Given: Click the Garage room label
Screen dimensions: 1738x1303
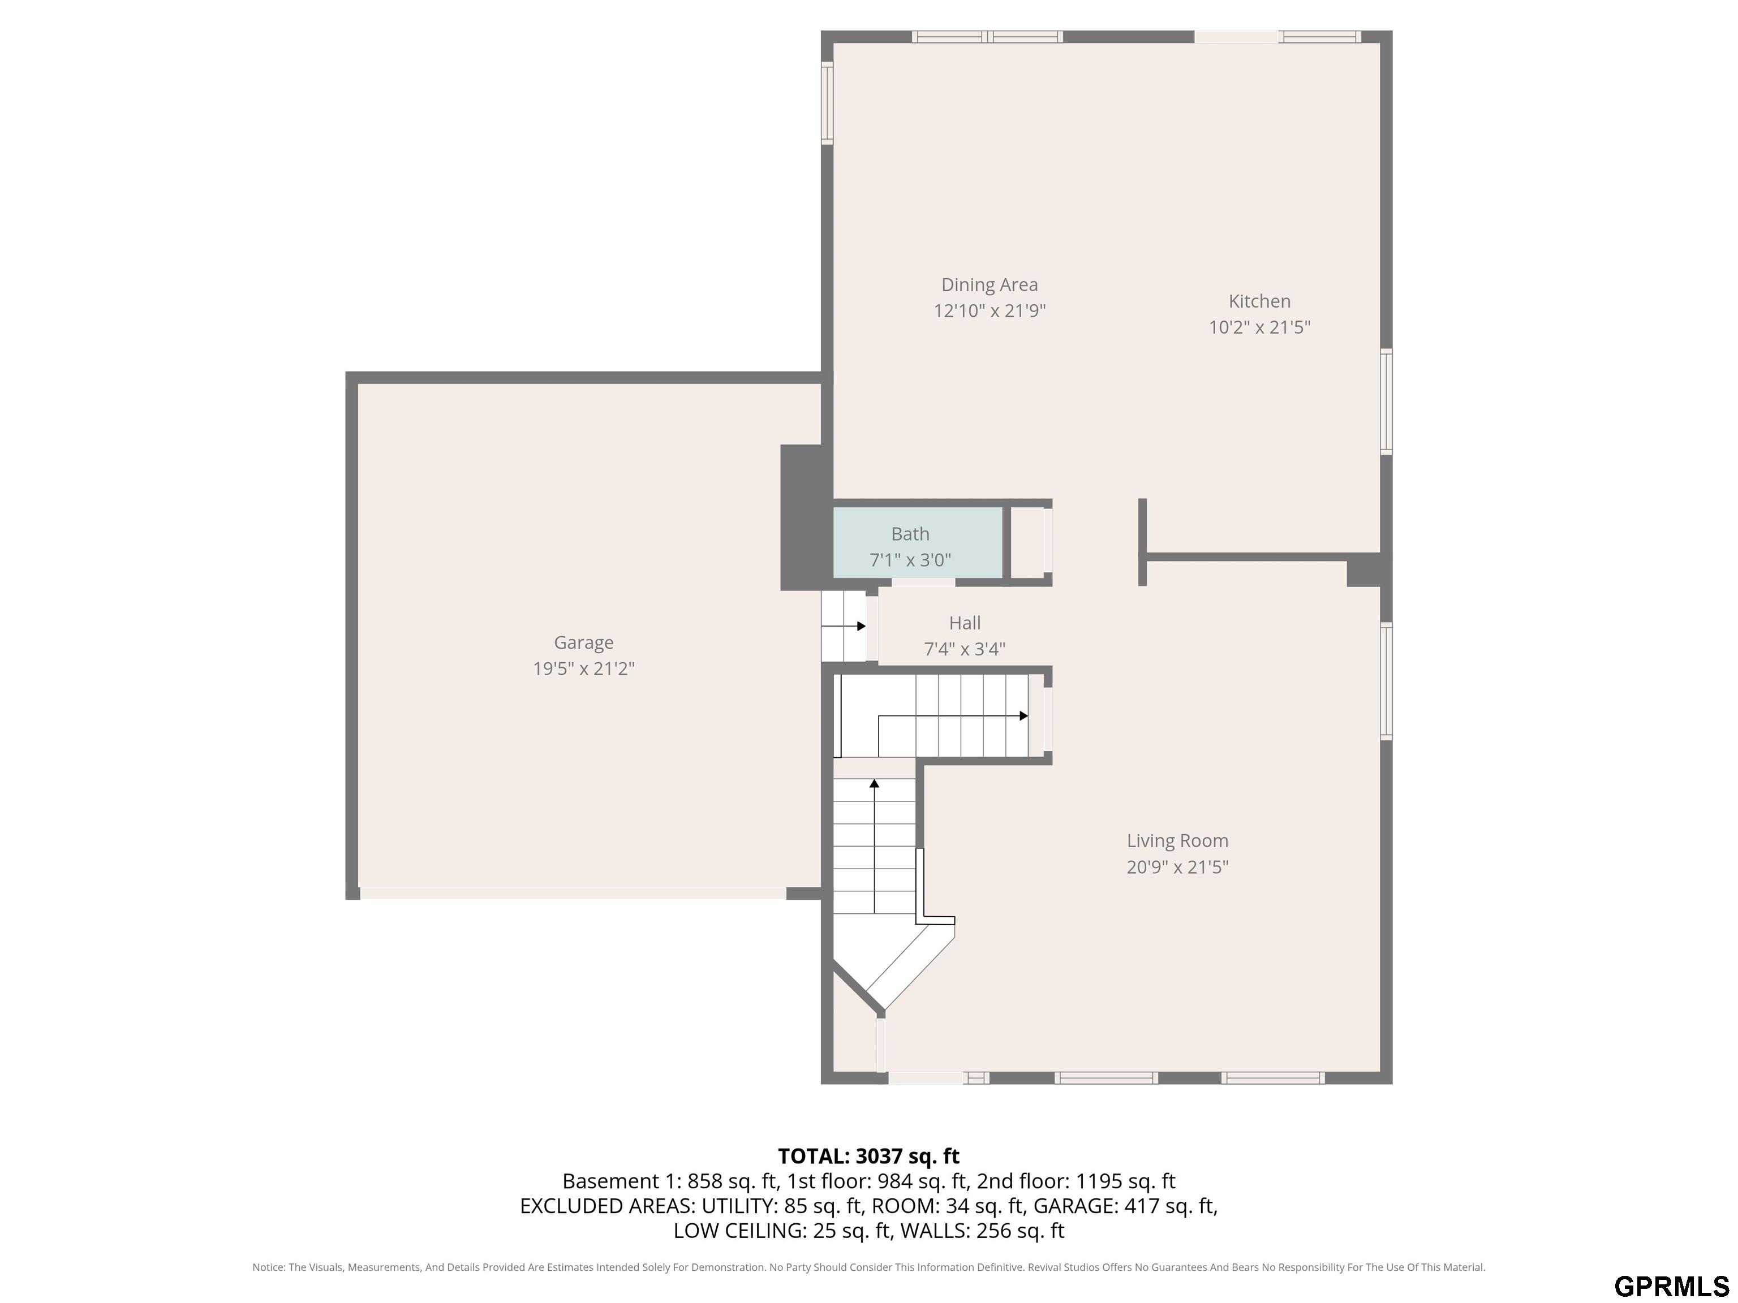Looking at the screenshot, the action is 584,643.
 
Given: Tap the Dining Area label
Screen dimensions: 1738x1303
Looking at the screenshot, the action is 989,285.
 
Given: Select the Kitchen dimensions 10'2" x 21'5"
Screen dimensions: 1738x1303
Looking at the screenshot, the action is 1259,327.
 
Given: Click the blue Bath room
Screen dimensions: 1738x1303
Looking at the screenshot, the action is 918,543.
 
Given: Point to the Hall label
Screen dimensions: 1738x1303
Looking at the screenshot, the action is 965,623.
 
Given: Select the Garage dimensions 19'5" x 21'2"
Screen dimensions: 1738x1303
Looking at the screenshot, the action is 584,669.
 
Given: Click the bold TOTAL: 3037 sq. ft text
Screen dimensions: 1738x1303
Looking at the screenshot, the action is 868,1156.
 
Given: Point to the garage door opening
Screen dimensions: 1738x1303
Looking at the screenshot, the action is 573,893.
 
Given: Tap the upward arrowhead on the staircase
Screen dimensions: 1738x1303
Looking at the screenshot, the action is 875,783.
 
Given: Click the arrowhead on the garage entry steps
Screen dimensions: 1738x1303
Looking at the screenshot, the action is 861,626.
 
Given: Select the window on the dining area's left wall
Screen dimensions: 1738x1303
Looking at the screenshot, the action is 827,103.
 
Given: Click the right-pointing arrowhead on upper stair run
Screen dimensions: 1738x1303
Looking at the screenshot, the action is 1024,715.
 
